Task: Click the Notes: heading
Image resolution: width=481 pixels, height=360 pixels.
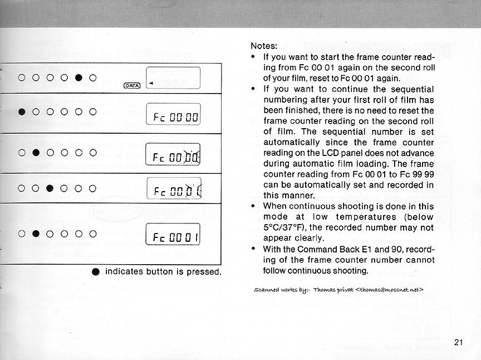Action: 265,46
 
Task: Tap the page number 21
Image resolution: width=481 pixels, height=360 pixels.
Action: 459,342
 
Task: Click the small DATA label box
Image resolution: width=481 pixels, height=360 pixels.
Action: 132,85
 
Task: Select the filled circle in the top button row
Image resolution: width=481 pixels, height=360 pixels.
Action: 78,77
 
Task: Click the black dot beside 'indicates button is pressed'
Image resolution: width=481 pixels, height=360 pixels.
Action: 96,272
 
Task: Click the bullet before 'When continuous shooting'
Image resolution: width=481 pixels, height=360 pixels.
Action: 253,206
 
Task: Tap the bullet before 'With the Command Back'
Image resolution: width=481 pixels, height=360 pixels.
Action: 253,249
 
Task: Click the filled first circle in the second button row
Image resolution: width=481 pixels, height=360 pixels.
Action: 22,111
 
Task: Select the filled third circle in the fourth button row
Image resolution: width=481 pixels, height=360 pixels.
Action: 50,187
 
